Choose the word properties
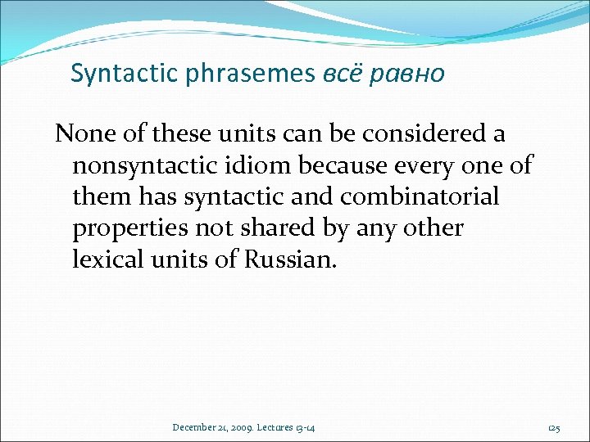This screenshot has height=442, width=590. pos(126,229)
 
